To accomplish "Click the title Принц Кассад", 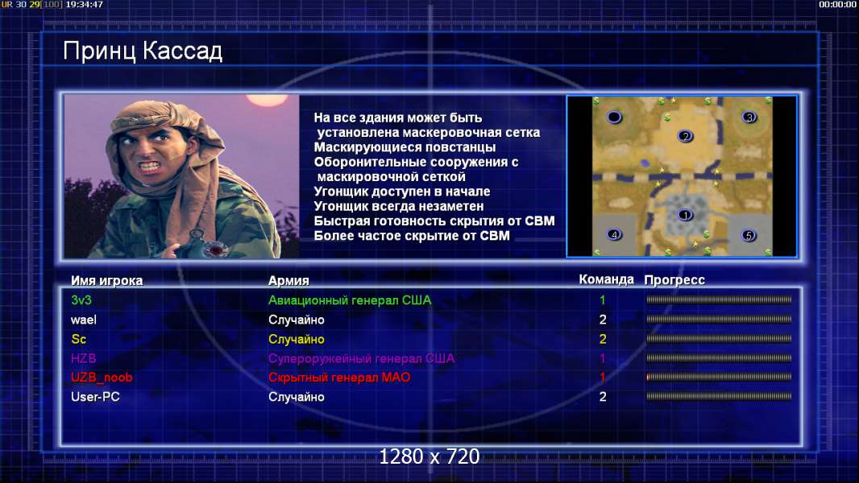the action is pos(143,52).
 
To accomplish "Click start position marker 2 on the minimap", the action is pos(685,136).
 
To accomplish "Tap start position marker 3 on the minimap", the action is pos(749,117).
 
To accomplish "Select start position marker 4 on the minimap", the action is pos(614,234).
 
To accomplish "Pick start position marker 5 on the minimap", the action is pos(749,235).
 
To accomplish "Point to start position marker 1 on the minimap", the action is pos(685,215).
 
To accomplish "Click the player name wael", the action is pos(83,320).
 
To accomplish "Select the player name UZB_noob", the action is pos(102,378).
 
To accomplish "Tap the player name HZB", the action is pos(83,358).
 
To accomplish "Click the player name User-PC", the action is pos(95,397).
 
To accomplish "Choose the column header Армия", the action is pos(288,281).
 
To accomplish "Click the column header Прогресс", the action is pos(674,280).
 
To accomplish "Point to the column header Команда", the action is pos(607,279).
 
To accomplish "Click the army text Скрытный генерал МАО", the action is pos(339,378).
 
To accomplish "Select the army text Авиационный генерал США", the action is pos(350,300).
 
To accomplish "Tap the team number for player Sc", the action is pos(603,339).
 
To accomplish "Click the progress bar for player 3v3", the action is pos(719,299).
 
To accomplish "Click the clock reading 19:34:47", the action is pos(85,4).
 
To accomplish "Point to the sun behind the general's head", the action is pos(268,100).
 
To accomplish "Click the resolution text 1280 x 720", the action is pos(429,456).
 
